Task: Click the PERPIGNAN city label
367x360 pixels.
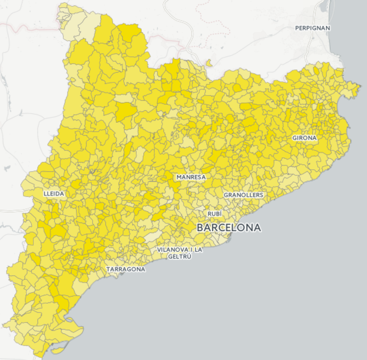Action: coord(313,28)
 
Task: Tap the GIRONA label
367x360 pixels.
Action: coord(304,138)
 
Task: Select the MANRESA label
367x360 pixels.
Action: coord(191,177)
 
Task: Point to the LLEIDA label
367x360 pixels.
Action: coord(54,194)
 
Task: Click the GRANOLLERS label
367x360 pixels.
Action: coord(243,195)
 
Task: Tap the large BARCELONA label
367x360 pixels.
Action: coord(229,228)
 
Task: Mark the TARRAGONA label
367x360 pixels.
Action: coord(126,269)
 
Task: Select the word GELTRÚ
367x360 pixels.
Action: coord(180,256)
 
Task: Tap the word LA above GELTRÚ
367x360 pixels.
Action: coord(198,249)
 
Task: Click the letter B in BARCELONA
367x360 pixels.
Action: coord(200,228)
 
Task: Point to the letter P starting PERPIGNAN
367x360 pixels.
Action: coord(297,28)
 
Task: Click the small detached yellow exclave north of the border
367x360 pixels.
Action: coord(209,63)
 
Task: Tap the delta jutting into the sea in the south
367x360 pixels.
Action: coord(75,328)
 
